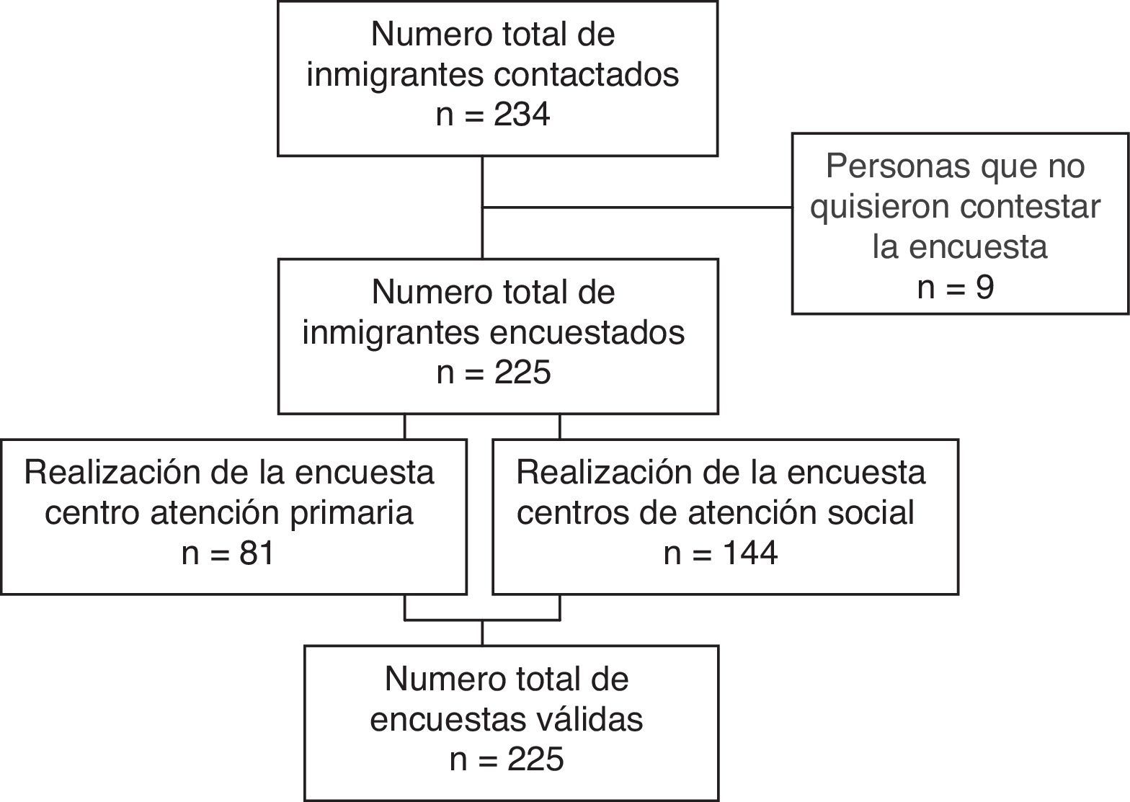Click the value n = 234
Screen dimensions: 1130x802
(x=493, y=115)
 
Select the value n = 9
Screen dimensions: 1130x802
(x=956, y=288)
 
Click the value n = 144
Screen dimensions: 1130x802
(x=720, y=554)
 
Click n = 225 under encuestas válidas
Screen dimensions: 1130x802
(x=506, y=760)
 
